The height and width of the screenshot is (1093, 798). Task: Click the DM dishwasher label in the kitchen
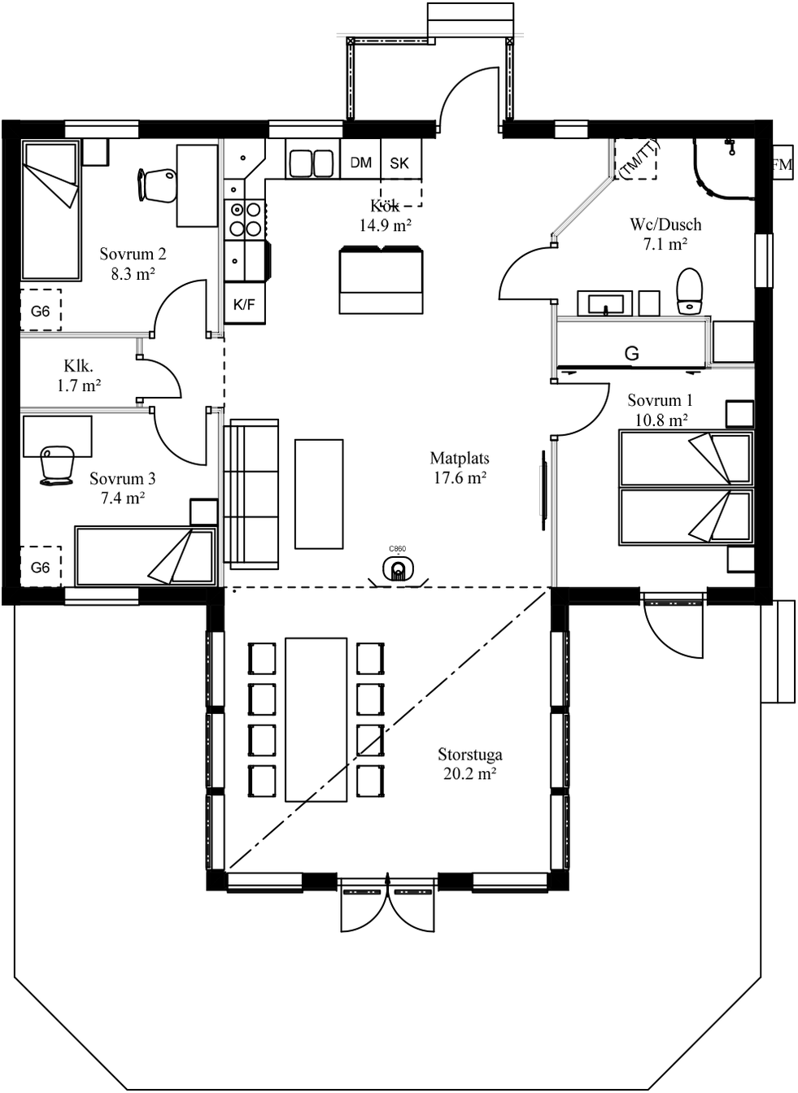click(360, 163)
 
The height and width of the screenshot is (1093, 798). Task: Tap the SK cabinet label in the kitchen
click(399, 163)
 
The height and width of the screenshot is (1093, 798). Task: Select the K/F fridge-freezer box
click(244, 305)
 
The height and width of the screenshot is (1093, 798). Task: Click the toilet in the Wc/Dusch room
click(690, 291)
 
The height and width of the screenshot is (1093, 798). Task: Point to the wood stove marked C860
click(397, 568)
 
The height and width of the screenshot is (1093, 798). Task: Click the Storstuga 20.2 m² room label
click(469, 764)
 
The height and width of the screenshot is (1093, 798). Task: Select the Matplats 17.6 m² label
click(460, 468)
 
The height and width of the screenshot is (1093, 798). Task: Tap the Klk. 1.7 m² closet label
click(79, 377)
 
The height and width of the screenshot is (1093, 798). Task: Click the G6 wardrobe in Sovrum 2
click(41, 311)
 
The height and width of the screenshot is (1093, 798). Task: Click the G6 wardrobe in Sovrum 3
click(41, 567)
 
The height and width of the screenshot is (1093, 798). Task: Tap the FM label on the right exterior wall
click(782, 165)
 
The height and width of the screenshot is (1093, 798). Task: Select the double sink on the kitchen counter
click(310, 163)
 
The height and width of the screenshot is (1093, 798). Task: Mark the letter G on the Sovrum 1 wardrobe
click(631, 354)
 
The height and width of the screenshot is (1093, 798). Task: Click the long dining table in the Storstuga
click(316, 719)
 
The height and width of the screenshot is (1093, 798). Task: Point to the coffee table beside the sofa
click(319, 494)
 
